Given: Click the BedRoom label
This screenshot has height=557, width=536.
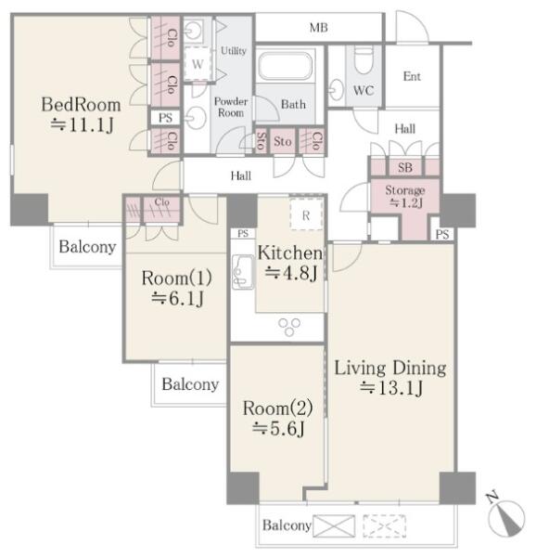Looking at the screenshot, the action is coord(82,105).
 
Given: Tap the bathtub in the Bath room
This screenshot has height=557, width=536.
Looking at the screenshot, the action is coord(286,66).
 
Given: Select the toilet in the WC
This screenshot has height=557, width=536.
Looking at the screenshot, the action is coord(364,59).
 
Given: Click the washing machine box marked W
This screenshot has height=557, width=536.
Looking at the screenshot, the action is coord(198,64).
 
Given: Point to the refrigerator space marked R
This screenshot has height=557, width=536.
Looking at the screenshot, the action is coord(306,214).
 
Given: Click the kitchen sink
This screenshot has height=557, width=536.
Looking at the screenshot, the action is coord(243,272).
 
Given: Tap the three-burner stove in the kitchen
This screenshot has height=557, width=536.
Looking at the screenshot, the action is coord(289,327).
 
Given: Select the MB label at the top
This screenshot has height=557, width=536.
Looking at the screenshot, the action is coord(319,28).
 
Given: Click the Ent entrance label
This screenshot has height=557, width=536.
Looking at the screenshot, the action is coord(412,76).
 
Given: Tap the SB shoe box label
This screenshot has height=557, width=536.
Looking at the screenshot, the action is coord(405,167).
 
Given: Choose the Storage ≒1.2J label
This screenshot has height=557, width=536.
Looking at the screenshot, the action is coord(405,197).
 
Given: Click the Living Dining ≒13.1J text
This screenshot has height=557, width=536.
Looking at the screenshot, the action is coord(390,377).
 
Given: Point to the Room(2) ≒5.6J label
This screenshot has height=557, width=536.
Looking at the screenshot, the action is coord(278,418).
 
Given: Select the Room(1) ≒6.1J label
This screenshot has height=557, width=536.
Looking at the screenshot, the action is coord(176,288).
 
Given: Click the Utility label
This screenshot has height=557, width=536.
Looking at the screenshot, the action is coord(234,51).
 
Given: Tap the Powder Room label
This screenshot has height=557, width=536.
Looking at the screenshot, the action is coord(231,107).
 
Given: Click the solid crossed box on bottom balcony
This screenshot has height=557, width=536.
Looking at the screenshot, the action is coord(334,525).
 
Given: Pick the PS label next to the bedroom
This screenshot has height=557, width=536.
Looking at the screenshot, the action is coord(165,118).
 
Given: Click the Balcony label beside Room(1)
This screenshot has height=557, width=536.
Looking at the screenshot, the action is coord(190,384).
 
